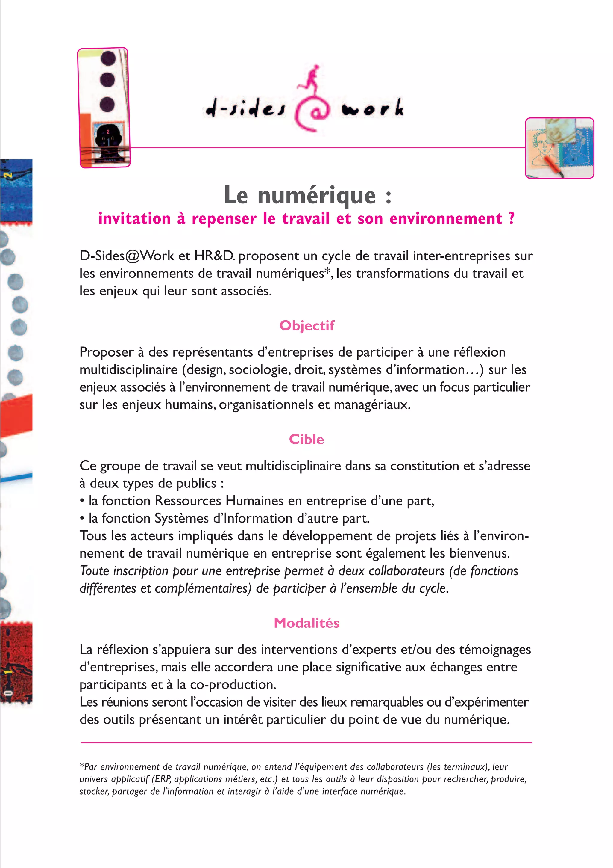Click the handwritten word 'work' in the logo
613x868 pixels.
pos(373,108)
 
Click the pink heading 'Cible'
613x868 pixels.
pos(306,439)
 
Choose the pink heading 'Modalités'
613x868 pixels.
pos(306,623)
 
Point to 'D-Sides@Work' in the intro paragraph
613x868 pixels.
pos(127,256)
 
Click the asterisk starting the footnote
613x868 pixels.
pos(82,766)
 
